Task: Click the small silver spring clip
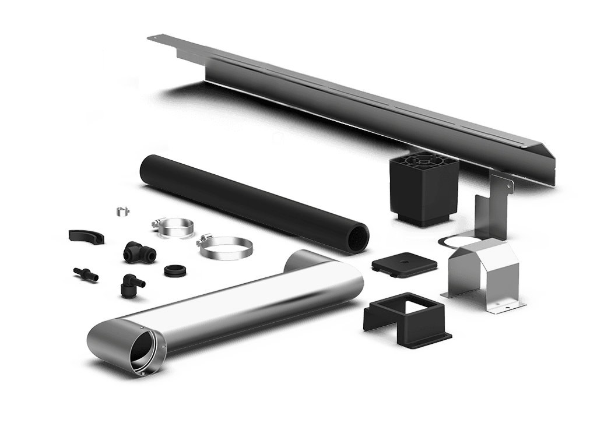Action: tap(121, 211)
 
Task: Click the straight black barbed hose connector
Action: tap(85, 273)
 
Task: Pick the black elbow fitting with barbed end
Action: tap(130, 284)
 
